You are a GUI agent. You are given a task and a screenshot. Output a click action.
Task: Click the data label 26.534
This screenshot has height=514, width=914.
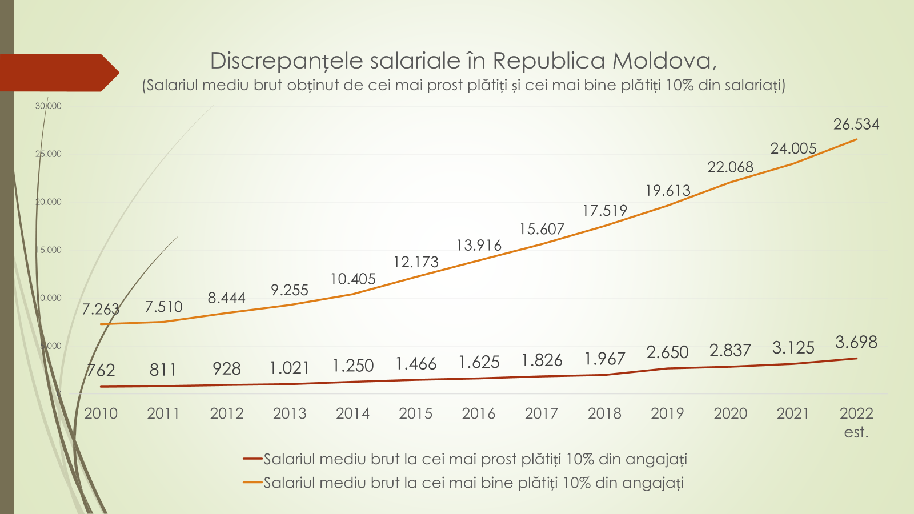tap(856, 125)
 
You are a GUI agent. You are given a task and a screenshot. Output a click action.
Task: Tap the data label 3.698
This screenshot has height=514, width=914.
tap(856, 342)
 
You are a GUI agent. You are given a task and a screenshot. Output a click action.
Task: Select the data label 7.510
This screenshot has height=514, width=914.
tap(163, 307)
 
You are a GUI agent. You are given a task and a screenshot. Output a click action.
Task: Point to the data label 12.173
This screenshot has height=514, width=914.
tap(416, 262)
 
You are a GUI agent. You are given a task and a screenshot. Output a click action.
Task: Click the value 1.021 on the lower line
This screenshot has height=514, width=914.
tap(290, 368)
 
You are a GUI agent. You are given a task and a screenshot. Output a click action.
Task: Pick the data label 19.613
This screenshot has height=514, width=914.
tap(667, 191)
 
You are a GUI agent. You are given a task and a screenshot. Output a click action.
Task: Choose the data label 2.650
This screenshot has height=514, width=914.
tap(667, 352)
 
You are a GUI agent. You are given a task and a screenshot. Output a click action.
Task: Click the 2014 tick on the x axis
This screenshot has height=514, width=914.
tap(352, 413)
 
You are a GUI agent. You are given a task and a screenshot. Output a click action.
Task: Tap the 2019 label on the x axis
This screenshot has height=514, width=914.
tap(667, 413)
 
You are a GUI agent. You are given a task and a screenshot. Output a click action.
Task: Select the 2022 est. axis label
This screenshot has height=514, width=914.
tap(856, 422)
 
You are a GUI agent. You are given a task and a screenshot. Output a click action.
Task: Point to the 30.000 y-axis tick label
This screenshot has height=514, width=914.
tap(48, 106)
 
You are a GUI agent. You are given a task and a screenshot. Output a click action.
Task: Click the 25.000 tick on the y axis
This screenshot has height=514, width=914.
tap(48, 154)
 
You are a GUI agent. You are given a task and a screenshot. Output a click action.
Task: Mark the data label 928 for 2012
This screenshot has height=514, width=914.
tap(227, 369)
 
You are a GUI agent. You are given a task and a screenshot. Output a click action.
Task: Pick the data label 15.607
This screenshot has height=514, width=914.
tap(542, 230)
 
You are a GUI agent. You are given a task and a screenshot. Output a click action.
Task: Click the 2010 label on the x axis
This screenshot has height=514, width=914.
tap(101, 413)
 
